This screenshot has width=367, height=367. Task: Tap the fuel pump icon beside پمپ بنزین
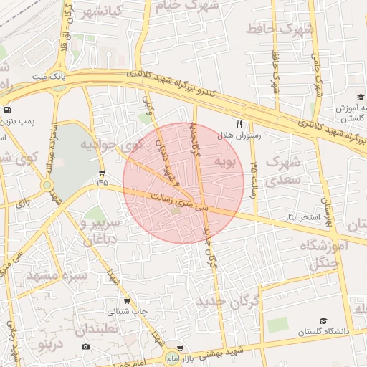click(6, 110)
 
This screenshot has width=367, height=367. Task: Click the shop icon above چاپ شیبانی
click(127, 301)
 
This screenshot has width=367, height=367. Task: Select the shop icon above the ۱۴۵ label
click(102, 172)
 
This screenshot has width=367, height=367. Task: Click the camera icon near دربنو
click(86, 347)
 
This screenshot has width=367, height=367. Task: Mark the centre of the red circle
click(183, 183)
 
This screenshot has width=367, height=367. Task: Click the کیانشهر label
click(110, 13)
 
